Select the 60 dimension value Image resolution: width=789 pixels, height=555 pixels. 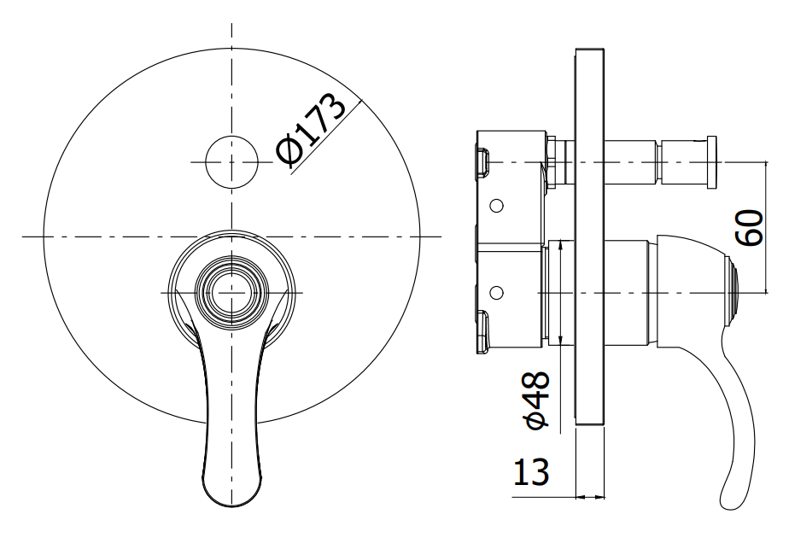click(751, 227)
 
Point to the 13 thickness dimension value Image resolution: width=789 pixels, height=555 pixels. click(531, 472)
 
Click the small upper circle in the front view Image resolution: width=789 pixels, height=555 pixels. click(231, 162)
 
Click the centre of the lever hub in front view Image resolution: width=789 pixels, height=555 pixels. click(231, 292)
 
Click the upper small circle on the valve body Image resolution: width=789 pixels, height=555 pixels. click(496, 205)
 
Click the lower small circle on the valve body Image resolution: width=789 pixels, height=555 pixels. click(496, 292)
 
